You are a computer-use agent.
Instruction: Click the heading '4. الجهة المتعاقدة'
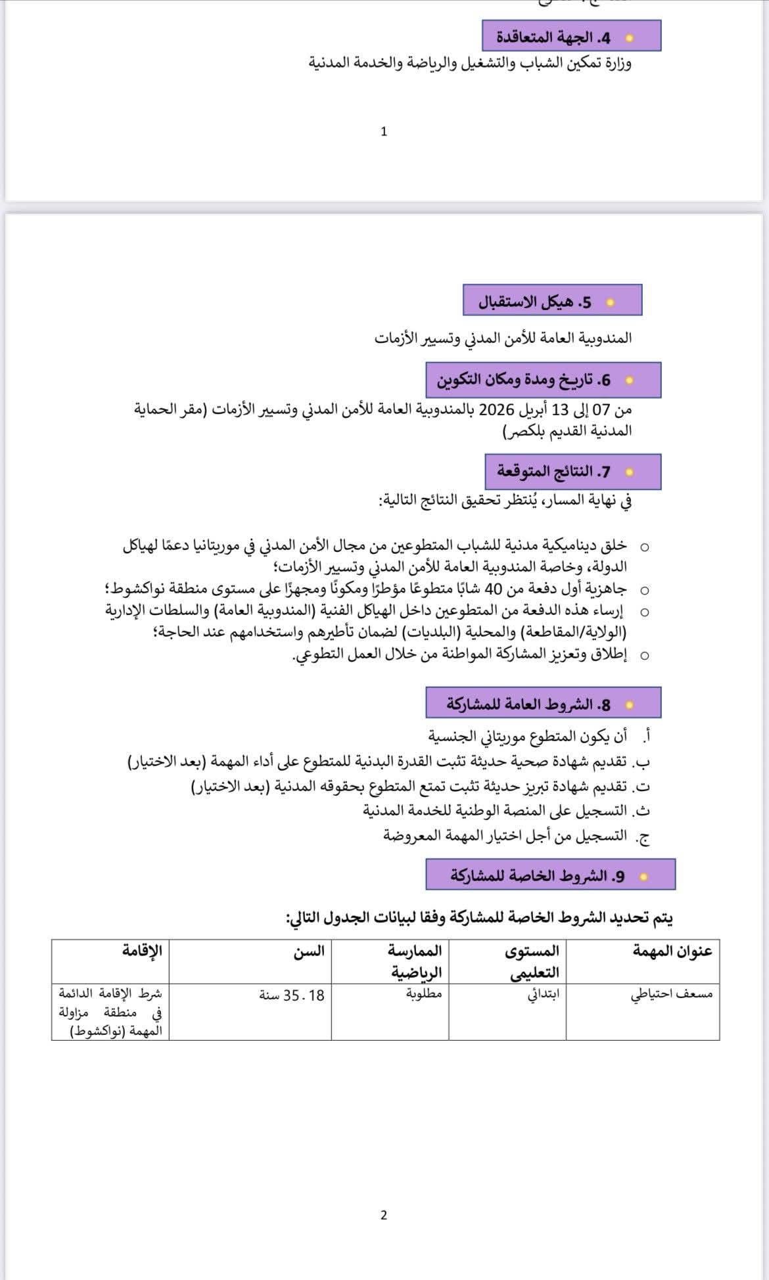click(553, 37)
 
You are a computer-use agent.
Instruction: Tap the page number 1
click(384, 131)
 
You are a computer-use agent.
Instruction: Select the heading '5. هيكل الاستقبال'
click(535, 302)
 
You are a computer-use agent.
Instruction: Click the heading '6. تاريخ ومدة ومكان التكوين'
click(524, 380)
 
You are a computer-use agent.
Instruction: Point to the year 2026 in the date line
click(496, 410)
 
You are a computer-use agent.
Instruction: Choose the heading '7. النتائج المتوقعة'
click(553, 472)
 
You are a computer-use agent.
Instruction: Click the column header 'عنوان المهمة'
click(672, 951)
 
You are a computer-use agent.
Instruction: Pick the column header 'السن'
click(309, 951)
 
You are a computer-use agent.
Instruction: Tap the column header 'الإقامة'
click(142, 950)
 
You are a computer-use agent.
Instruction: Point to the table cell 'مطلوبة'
click(424, 994)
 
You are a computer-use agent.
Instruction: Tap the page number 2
click(384, 1215)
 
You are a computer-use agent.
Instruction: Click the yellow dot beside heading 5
click(610, 303)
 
